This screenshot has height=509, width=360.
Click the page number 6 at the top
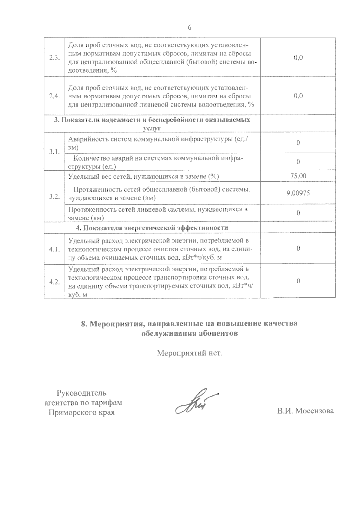point(189,27)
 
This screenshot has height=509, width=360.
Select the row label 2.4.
point(55,96)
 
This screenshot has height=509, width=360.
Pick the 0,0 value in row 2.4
point(298,96)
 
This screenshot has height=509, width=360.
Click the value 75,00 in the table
point(298,176)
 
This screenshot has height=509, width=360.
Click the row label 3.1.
point(55,152)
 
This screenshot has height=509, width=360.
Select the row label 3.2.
point(55,196)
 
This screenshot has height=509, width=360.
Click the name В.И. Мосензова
point(305,411)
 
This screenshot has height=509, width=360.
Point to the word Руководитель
point(82,393)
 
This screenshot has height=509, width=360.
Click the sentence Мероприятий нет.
point(190,353)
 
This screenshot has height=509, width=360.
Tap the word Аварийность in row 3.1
point(85,139)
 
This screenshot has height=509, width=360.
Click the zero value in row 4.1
point(298,249)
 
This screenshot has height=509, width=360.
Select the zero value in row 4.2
point(298,281)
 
